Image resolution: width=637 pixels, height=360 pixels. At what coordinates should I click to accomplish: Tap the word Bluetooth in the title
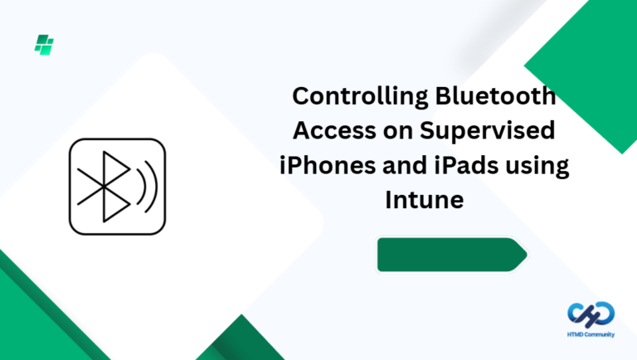498,97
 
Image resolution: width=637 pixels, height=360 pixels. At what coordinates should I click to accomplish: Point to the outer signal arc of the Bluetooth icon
152,186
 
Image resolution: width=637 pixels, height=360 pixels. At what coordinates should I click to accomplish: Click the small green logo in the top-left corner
44,44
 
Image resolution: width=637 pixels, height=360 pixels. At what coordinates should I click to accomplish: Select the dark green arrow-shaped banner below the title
450,255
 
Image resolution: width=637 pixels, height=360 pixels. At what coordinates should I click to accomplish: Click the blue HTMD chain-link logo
591,313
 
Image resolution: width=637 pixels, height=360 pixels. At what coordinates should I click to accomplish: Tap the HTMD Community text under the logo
591,334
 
